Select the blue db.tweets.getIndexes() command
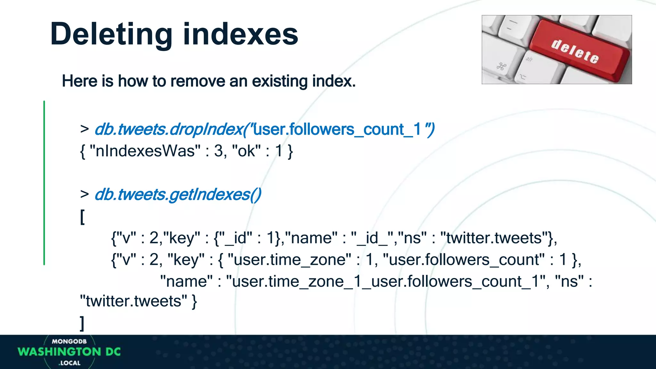tap(178, 194)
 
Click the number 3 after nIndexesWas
tap(218, 151)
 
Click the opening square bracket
tap(82, 217)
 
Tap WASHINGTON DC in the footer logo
tap(69, 352)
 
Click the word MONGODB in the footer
tap(69, 341)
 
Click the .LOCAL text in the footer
tap(70, 363)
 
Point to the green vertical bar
tap(44, 183)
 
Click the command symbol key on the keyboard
tap(501, 67)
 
